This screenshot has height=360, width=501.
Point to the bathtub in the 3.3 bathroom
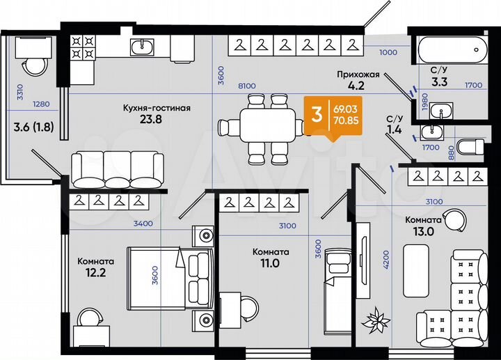[451, 50]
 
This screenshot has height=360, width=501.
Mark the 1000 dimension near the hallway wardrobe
[388, 52]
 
